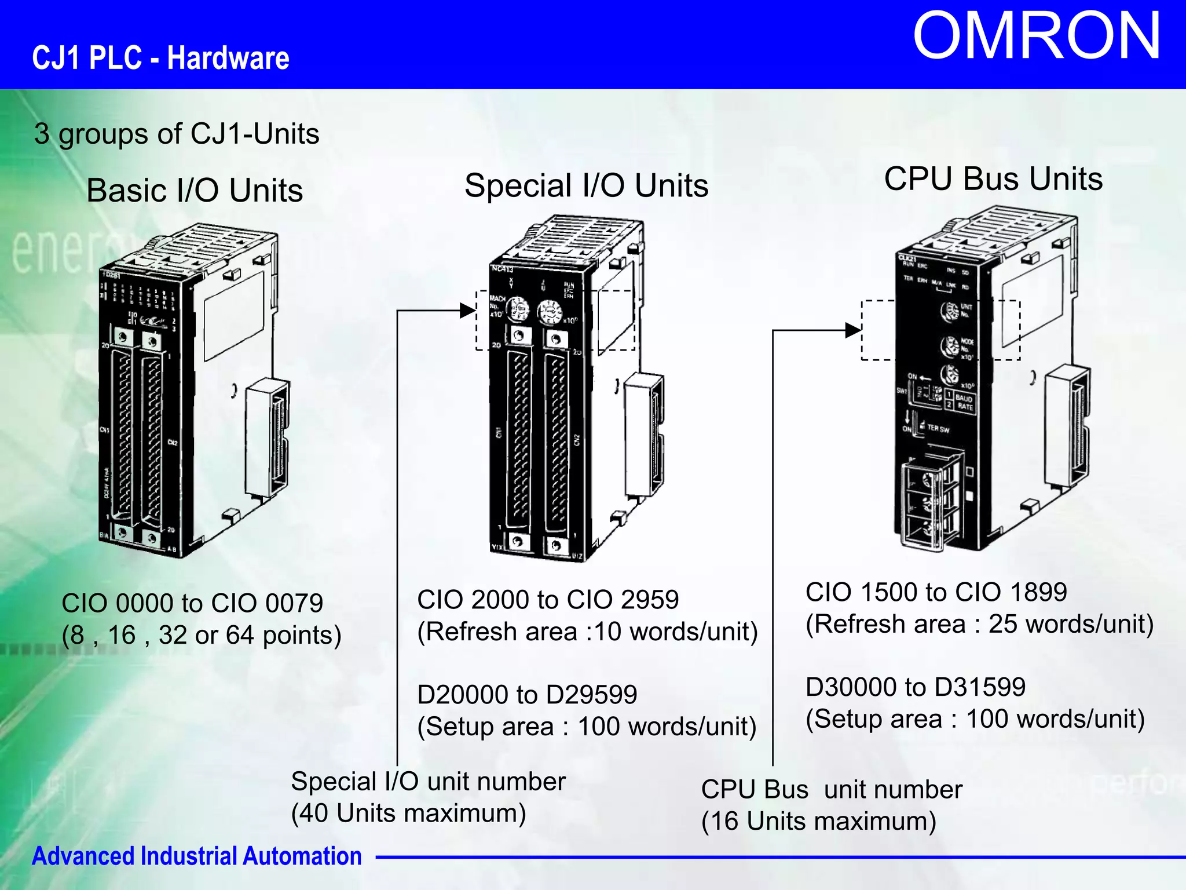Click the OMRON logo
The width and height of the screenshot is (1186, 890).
1036,37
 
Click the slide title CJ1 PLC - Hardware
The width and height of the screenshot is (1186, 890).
160,59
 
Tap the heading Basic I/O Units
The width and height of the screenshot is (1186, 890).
195,191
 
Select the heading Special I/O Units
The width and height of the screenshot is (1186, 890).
586,186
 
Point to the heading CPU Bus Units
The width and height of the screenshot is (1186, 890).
993,178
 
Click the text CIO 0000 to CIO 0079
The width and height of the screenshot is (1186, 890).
192,603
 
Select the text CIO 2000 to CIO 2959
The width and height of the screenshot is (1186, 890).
548,600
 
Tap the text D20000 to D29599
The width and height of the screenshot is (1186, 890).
527,695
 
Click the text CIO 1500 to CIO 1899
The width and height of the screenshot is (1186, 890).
936,592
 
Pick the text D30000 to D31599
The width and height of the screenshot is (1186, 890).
916,687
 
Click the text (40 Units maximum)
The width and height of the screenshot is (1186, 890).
408,814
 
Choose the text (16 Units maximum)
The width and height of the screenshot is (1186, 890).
818,822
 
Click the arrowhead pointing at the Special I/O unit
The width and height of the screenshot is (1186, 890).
468,311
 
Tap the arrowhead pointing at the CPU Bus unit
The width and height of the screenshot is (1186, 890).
854,330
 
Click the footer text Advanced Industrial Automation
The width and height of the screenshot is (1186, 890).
197,856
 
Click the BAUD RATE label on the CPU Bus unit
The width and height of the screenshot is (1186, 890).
964,402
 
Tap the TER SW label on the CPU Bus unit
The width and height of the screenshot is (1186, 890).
938,429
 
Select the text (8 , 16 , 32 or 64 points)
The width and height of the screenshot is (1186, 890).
202,635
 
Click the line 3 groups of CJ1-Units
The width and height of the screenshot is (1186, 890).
177,134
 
